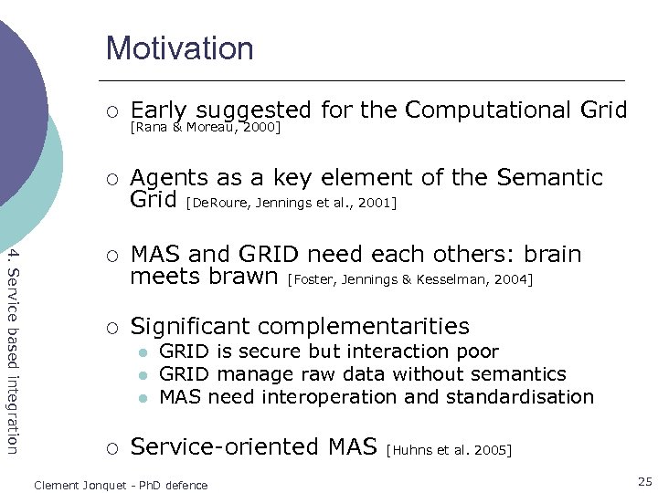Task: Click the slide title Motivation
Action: point(179,47)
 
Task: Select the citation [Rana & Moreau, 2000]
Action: point(205,128)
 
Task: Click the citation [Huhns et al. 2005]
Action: point(450,449)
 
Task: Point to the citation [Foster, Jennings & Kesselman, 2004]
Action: point(409,279)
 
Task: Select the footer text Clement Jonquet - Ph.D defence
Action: point(121,485)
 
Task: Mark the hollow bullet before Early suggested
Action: point(110,111)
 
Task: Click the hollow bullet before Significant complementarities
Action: point(110,327)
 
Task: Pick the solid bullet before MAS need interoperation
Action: point(143,398)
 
